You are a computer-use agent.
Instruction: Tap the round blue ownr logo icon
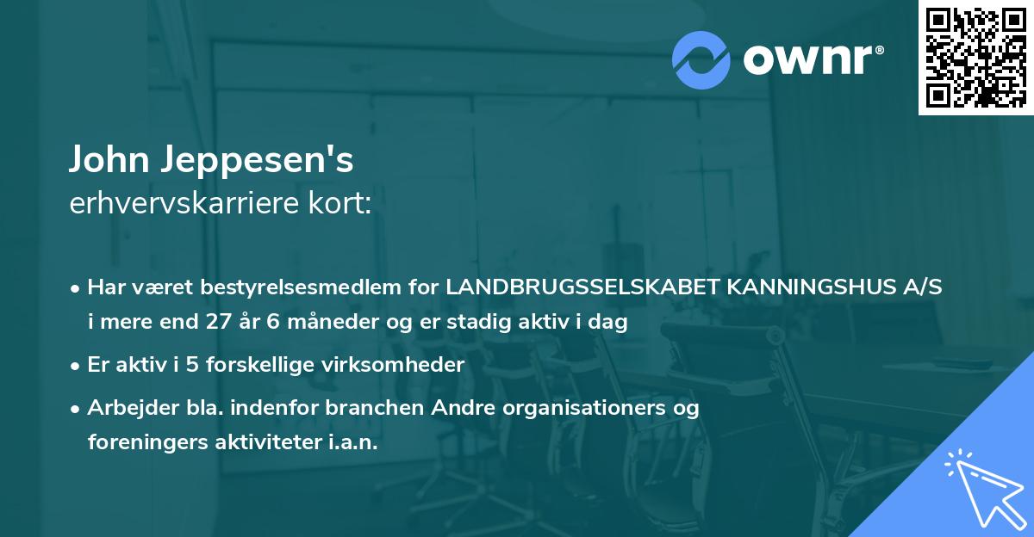(x=701, y=60)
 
